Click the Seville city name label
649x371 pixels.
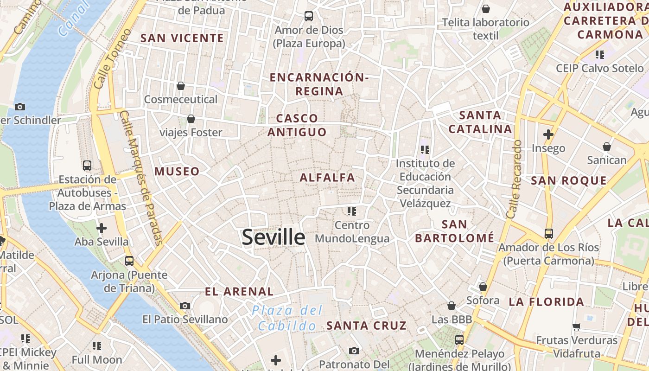[x=274, y=237]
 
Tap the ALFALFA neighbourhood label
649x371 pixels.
[x=327, y=178]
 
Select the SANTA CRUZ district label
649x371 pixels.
[x=366, y=326]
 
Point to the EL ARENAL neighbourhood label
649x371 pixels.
[x=239, y=292]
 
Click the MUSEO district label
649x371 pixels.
[x=177, y=172]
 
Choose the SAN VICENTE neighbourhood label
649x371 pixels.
[x=182, y=38]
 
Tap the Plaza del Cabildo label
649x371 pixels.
[x=287, y=318]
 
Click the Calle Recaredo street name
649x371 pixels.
[x=515, y=179]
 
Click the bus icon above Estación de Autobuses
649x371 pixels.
[x=87, y=166]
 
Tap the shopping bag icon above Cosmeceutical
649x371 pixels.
[x=181, y=86]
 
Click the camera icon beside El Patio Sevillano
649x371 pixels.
[x=185, y=306]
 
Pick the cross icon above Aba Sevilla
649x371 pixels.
[x=102, y=228]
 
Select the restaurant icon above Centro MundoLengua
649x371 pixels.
[x=352, y=211]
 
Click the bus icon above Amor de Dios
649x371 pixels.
[x=309, y=16]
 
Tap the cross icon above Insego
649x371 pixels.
[x=548, y=134]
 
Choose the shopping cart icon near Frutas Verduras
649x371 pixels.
[x=577, y=326]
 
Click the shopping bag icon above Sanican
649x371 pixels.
[x=607, y=147]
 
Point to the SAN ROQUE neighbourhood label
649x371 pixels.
[x=568, y=181]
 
